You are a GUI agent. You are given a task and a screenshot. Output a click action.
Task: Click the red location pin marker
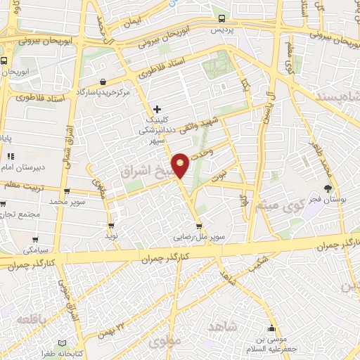(181, 164)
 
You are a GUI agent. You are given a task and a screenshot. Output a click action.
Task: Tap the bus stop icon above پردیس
(222, 19)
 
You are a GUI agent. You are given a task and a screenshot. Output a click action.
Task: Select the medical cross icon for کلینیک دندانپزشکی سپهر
(157, 109)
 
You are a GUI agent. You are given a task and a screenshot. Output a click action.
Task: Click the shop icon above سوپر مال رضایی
(200, 226)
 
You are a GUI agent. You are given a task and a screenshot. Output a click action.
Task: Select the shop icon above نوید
(111, 226)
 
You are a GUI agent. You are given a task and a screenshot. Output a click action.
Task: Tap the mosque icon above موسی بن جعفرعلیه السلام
(272, 328)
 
